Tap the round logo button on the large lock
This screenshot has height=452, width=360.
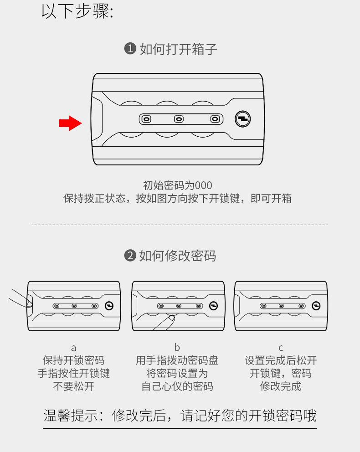click(242, 119)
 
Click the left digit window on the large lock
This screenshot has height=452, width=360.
click(146, 119)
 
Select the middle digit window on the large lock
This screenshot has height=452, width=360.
click(179, 119)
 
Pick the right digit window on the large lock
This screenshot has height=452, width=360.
click(214, 119)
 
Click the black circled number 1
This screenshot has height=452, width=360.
click(130, 49)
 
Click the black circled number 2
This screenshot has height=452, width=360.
click(130, 256)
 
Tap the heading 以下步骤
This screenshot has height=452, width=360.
click(77, 11)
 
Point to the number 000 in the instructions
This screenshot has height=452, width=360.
click(203, 185)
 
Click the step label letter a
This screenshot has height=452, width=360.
click(73, 348)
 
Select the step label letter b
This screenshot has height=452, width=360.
click(177, 348)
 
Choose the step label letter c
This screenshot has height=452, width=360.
click(281, 348)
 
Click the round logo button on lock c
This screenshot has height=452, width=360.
click(315, 306)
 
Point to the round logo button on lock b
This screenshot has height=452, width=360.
click(213, 306)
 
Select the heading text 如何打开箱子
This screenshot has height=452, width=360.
click(179, 49)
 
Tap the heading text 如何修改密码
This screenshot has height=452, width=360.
click(178, 256)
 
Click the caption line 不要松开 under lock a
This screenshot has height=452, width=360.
click(73, 386)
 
